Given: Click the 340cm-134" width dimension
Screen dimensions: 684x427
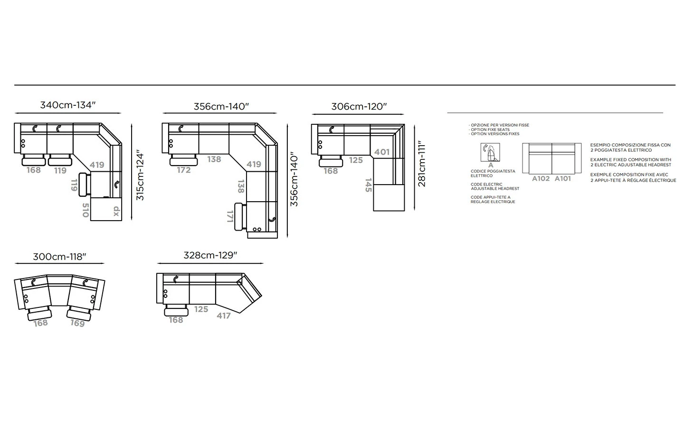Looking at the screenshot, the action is (x=68, y=105).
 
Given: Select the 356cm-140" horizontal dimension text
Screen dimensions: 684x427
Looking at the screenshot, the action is (x=221, y=106).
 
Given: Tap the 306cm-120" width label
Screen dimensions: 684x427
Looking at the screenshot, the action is (x=359, y=106).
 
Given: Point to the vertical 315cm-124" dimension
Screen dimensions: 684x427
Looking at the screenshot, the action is (x=140, y=175).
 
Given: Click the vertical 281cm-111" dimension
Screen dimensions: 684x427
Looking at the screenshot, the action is (x=422, y=164).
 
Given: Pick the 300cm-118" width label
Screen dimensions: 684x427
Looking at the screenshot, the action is (x=59, y=257).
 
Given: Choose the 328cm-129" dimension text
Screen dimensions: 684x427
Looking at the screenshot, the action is (x=210, y=255).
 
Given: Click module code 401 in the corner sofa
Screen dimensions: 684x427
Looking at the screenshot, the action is (x=382, y=152).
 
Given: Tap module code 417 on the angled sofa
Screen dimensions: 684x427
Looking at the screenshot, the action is (x=224, y=316).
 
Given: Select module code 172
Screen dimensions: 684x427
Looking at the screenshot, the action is (x=184, y=170).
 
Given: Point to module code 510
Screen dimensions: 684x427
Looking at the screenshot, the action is (x=85, y=210).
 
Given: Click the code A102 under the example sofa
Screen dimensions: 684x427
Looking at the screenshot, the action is (x=541, y=178).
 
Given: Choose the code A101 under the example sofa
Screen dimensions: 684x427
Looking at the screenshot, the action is (x=562, y=178).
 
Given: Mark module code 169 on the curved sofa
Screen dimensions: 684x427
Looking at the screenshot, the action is (x=77, y=323).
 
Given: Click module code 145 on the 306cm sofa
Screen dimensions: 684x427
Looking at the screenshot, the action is (x=368, y=185).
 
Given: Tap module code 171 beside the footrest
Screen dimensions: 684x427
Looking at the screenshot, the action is (x=230, y=216).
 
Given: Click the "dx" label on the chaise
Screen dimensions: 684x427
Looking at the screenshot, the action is (x=116, y=211).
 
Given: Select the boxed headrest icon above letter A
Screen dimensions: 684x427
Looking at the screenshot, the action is (x=490, y=152).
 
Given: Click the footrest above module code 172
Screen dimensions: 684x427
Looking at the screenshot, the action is (x=183, y=160).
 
